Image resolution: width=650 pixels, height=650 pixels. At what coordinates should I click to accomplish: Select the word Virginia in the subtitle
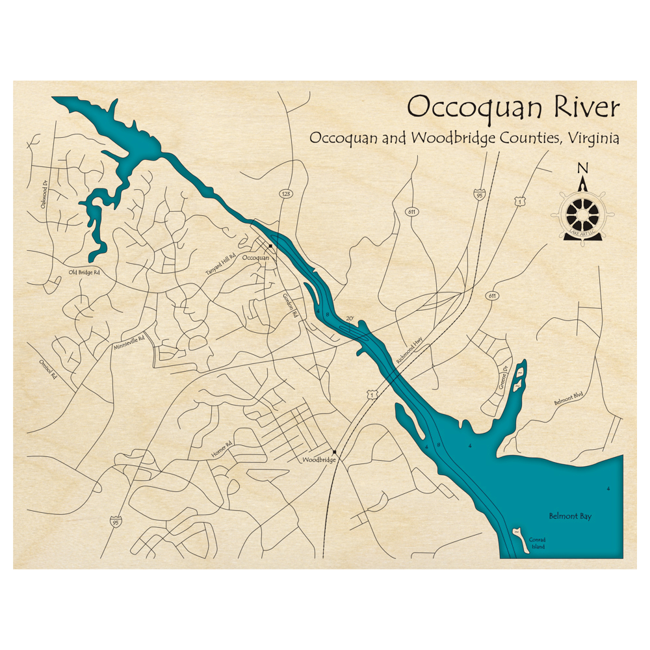click(x=592, y=138)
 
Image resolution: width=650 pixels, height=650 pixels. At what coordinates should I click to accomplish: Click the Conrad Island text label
click(x=536, y=543)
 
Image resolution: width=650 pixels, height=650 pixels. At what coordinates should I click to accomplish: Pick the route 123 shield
click(x=285, y=194)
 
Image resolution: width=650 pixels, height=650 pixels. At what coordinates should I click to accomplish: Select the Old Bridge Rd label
click(x=84, y=272)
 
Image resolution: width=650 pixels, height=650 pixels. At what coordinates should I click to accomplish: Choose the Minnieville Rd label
click(x=128, y=341)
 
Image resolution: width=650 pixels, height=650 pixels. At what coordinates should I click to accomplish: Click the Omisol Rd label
click(x=45, y=369)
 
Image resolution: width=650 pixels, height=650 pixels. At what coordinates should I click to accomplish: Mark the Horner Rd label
click(x=221, y=449)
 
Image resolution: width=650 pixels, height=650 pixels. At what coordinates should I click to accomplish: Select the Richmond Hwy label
click(x=408, y=353)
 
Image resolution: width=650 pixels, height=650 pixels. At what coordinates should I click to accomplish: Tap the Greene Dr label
click(x=502, y=377)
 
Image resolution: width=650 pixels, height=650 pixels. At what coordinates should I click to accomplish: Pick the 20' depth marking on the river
click(x=350, y=319)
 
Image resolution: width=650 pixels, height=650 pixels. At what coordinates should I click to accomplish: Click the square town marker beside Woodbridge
click(x=335, y=452)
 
